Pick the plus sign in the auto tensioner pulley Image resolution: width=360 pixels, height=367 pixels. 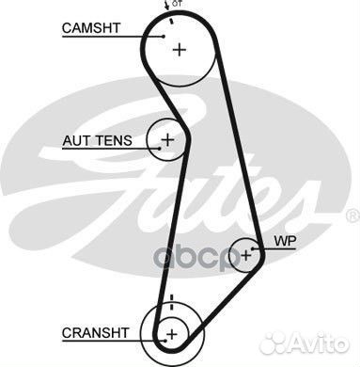point(167,141)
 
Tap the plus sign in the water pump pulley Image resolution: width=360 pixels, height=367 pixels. point(246,253)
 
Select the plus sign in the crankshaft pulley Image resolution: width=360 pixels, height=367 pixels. point(171,333)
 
